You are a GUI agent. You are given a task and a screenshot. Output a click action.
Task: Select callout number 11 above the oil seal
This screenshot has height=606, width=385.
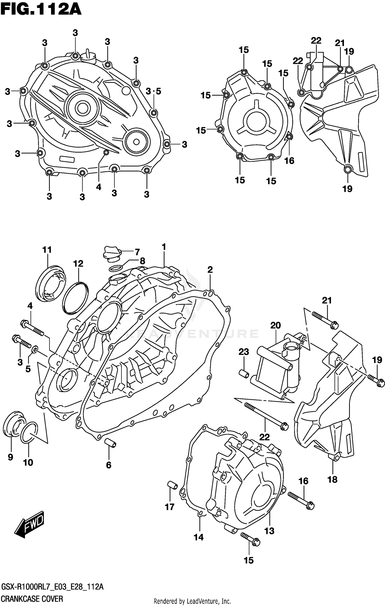(x=47, y=250)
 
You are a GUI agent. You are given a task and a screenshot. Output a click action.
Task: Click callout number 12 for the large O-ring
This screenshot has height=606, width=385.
(x=78, y=263)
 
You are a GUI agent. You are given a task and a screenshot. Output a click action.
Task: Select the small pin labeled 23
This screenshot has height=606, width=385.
(x=244, y=374)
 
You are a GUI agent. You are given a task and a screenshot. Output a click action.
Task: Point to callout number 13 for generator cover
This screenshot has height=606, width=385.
(x=269, y=531)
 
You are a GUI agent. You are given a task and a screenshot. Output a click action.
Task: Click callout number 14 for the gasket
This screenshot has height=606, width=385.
(x=199, y=537)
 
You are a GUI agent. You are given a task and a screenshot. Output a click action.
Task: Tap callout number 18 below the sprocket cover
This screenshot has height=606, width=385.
(x=332, y=479)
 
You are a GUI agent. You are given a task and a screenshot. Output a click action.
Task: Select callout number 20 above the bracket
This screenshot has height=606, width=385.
(x=275, y=325)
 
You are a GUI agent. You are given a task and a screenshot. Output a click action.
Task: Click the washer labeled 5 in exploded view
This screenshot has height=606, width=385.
(x=35, y=349)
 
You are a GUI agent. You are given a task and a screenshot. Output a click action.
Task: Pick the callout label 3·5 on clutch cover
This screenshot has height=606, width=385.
(x=153, y=91)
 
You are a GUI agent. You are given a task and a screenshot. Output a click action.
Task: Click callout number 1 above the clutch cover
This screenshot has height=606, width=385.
(x=164, y=247)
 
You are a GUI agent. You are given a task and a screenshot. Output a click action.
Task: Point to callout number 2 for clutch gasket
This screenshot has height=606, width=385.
(x=210, y=270)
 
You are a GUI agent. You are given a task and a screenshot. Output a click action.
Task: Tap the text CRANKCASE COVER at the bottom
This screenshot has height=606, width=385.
(x=32, y=599)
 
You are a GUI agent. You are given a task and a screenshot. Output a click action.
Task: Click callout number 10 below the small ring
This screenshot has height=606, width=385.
(x=28, y=463)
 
